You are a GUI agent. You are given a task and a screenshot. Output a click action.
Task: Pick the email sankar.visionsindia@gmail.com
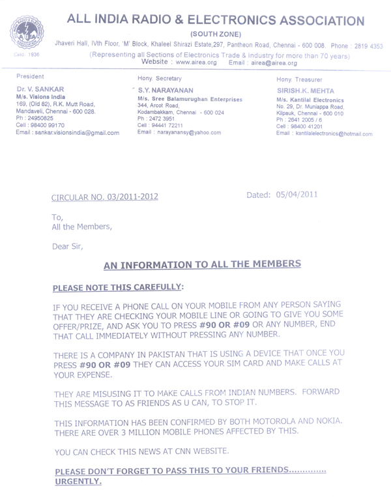coord(67,133)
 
